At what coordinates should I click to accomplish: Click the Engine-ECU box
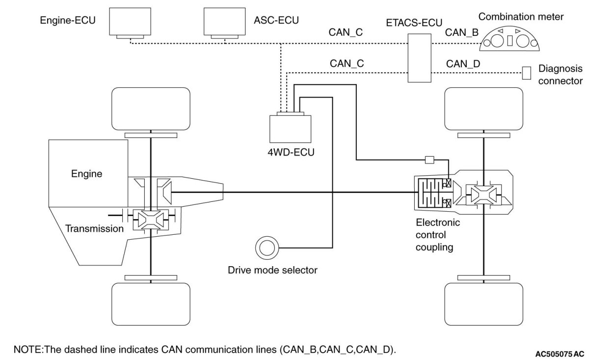(130, 22)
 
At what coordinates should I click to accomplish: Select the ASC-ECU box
(225, 22)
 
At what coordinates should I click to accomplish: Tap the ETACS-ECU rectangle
(419, 58)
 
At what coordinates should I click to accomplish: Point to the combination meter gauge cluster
(509, 39)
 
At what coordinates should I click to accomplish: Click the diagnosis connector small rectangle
(526, 73)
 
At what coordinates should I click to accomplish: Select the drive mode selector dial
(267, 248)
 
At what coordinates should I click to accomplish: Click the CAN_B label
(462, 32)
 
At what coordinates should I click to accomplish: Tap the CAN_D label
(463, 64)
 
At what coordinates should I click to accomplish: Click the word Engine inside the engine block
(87, 174)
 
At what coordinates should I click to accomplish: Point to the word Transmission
(94, 228)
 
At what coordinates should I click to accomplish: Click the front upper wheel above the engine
(151, 109)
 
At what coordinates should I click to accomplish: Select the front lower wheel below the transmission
(151, 304)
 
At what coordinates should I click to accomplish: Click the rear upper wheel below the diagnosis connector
(484, 109)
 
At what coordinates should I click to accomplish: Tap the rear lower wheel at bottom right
(484, 304)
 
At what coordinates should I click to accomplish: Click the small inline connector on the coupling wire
(429, 160)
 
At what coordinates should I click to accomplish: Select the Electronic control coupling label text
(438, 235)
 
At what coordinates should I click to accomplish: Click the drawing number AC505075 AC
(560, 354)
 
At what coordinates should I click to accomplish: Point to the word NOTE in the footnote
(27, 350)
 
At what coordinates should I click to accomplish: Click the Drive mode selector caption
(273, 270)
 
